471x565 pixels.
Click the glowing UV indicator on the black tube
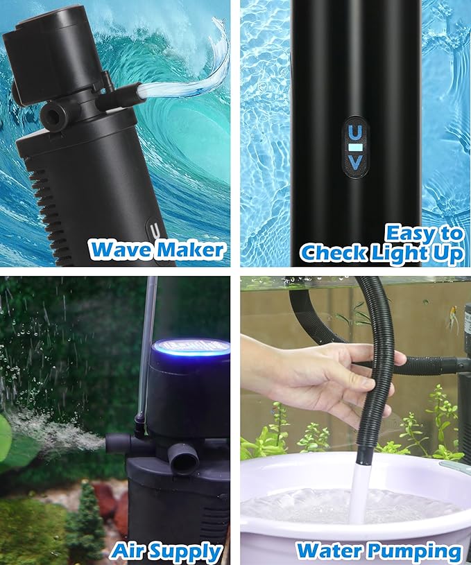click(x=354, y=148)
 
